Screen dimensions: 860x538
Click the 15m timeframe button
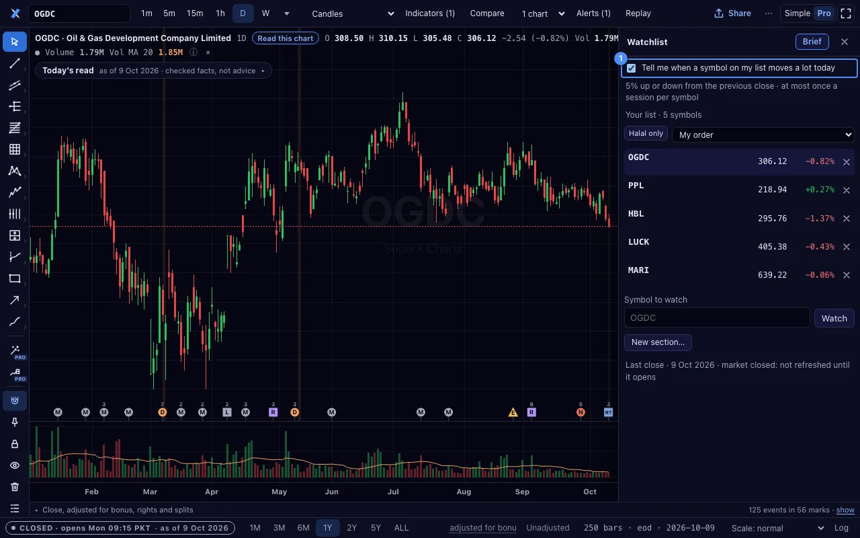point(195,13)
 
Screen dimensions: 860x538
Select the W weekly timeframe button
point(265,13)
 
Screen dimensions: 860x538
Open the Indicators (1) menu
point(430,13)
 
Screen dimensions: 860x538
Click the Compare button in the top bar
point(487,13)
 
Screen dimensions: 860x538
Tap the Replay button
point(638,13)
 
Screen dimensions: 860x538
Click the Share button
point(732,13)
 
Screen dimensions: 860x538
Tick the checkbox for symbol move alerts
point(631,68)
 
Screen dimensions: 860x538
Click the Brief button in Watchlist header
point(812,42)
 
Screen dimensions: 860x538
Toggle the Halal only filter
point(646,133)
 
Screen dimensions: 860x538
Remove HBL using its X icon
point(846,219)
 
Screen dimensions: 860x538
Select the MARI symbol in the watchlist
point(638,270)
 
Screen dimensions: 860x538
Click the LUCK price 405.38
point(772,247)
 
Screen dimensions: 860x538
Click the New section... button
point(658,342)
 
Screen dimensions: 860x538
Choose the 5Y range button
point(376,528)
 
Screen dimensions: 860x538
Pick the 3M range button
point(279,528)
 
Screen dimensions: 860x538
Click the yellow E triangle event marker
point(513,413)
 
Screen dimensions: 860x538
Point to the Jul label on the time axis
point(393,492)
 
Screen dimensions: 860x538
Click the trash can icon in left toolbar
point(15,487)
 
